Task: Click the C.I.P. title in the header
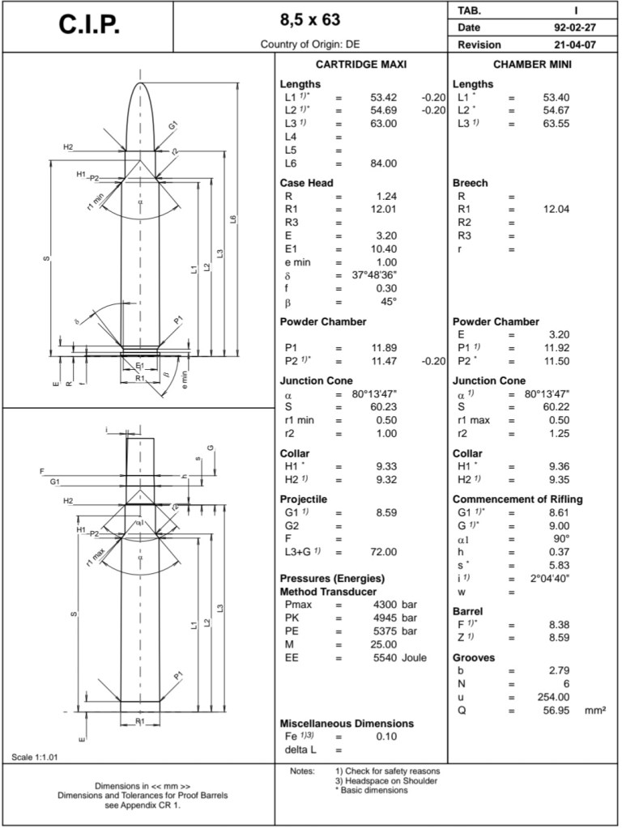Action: click(x=89, y=25)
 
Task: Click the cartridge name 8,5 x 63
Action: click(x=310, y=19)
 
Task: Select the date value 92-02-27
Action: click(x=569, y=28)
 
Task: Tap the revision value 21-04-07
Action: click(x=569, y=45)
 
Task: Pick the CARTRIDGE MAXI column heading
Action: click(x=360, y=64)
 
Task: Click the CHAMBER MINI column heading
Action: click(x=533, y=64)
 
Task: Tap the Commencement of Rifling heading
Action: click(x=517, y=499)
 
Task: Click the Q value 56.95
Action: click(x=557, y=710)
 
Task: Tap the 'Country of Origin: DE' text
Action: click(x=310, y=45)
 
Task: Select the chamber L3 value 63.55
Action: click(x=556, y=123)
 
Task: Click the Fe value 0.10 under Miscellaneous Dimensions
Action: click(x=386, y=737)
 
